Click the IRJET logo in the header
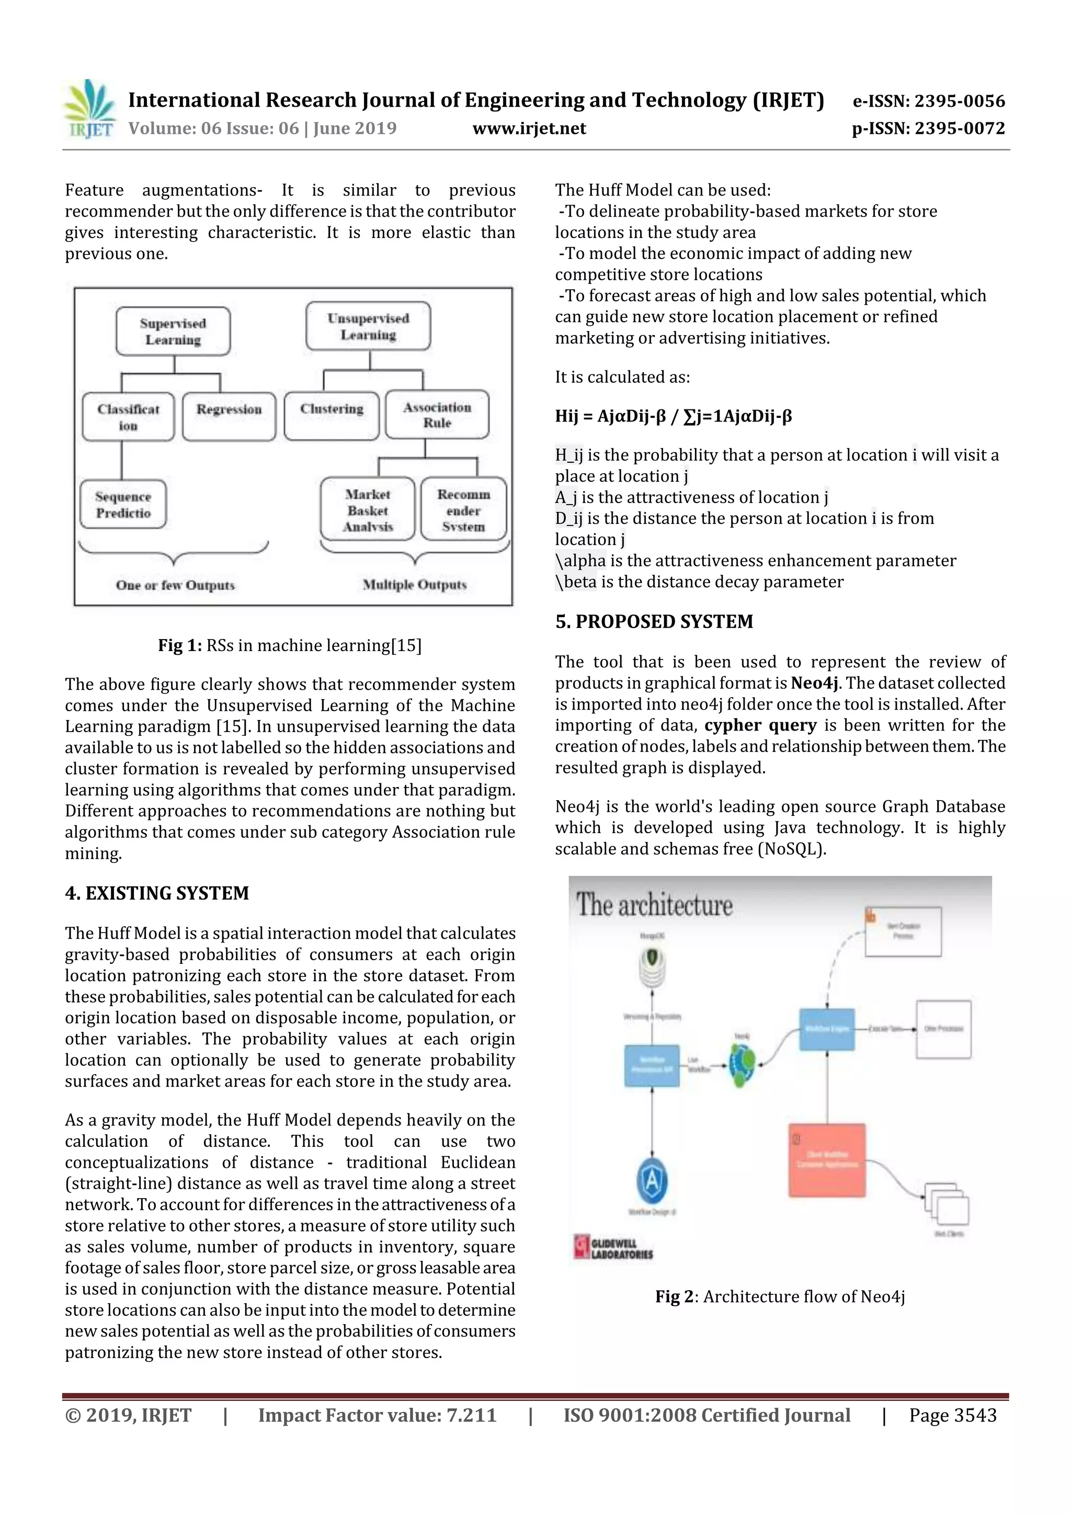[x=90, y=109]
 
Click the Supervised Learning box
[x=173, y=331]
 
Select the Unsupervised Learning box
[x=368, y=326]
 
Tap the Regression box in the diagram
[x=229, y=416]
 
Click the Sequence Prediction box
[x=123, y=504]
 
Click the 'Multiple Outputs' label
[x=414, y=585]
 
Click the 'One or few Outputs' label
[x=175, y=585]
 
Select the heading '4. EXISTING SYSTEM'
[x=157, y=893]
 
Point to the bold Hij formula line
[x=673, y=416]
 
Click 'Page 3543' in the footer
[x=952, y=1415]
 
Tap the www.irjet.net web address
[x=529, y=129]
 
